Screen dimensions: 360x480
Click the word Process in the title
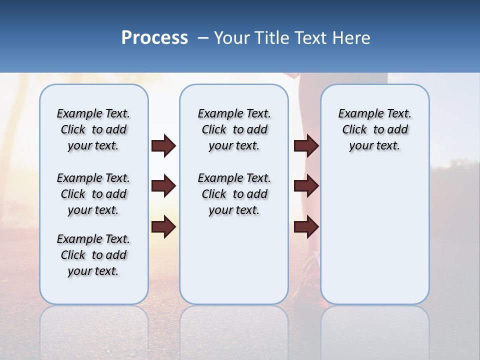[x=154, y=38]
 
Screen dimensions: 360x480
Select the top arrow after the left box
[x=163, y=146]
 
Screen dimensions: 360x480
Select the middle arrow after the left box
[x=163, y=186]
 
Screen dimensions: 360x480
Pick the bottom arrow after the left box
[x=163, y=227]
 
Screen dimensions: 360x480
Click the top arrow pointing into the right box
[x=306, y=146]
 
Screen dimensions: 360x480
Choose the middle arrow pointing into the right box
[x=306, y=186]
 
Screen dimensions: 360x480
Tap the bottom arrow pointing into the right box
[x=306, y=227]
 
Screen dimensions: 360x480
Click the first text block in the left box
[x=93, y=129]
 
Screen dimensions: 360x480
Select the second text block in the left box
[x=93, y=194]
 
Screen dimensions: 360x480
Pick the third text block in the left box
[x=93, y=255]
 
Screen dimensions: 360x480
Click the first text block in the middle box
[x=234, y=129]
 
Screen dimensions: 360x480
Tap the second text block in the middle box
[x=234, y=194]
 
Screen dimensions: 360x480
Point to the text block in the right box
[x=374, y=129]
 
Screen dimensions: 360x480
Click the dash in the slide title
[x=203, y=38]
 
